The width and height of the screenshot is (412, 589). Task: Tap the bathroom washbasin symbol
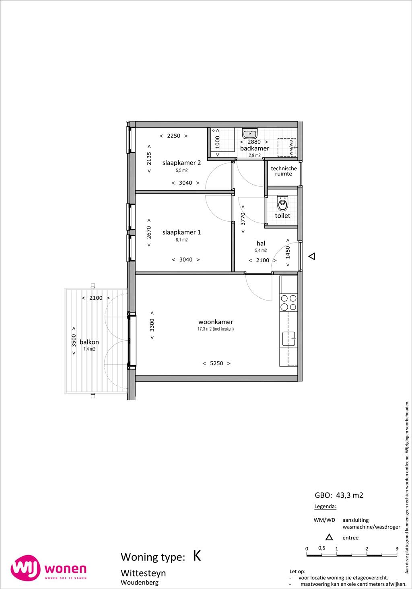250,134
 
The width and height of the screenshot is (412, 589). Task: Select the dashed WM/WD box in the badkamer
287,147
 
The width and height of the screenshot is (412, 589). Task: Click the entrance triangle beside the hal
312,256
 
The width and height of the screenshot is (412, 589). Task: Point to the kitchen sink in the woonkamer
289,339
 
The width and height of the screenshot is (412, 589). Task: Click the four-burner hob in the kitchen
288,303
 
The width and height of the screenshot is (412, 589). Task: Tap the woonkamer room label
216,322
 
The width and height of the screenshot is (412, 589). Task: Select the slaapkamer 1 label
181,232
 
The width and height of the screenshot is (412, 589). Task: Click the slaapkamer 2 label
181,163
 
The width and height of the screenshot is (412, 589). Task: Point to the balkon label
89,342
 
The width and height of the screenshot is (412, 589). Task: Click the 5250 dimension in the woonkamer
216,363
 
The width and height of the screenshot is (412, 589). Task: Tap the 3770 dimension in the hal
243,219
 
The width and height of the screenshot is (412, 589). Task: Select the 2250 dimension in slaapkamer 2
173,136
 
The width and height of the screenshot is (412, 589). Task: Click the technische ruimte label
284,171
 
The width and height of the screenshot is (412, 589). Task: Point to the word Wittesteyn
143,573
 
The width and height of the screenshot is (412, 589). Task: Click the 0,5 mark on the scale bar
321,548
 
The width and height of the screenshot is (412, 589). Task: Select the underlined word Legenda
325,507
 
